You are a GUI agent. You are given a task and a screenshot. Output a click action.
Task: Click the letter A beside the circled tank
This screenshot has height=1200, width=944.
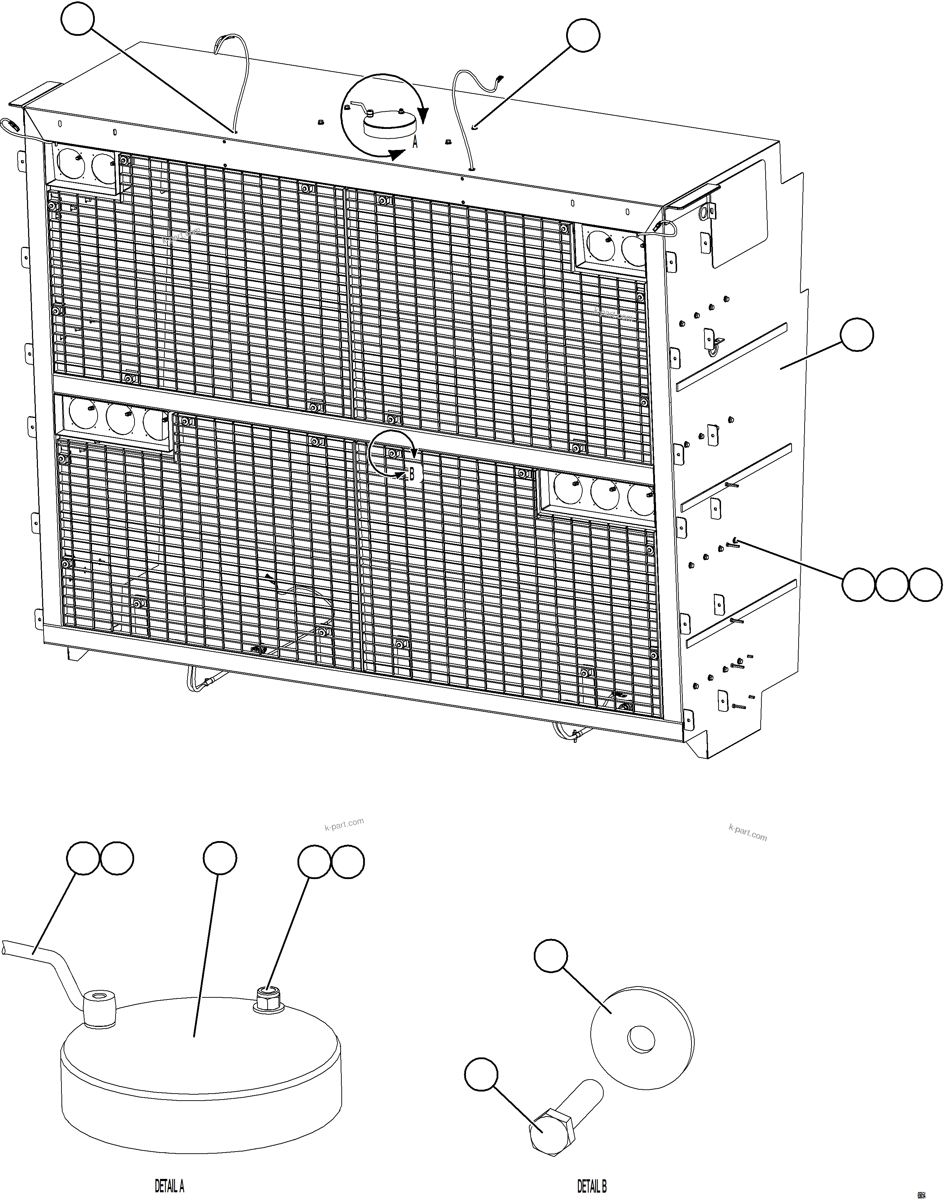click(415, 143)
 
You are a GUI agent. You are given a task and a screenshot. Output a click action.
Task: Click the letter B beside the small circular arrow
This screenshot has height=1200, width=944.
click(412, 474)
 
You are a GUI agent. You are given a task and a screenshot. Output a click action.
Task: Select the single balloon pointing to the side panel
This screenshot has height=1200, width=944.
click(856, 334)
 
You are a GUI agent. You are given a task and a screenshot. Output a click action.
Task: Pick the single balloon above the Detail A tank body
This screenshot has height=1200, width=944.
click(220, 858)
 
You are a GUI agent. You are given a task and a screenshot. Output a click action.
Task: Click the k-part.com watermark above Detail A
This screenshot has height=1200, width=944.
click(344, 825)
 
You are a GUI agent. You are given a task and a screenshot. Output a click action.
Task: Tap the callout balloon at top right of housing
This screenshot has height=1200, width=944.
click(583, 36)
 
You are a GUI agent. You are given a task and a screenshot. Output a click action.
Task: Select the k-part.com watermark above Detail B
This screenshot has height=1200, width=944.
click(748, 833)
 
